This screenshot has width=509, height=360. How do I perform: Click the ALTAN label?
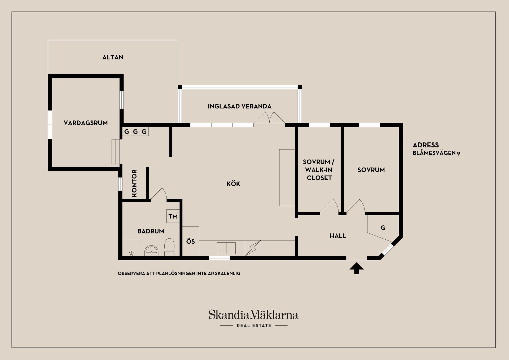point(113,57)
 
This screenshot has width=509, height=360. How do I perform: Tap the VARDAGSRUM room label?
point(86,123)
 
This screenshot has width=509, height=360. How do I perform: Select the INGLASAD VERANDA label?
point(240,107)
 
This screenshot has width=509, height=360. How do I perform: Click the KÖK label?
point(233,184)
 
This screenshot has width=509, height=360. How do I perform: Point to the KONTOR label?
point(134,183)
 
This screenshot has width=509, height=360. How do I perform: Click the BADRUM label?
point(151,231)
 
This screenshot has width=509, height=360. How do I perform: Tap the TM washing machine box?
point(173,216)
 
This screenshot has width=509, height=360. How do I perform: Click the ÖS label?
point(191,242)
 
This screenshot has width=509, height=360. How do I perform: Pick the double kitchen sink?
point(226,248)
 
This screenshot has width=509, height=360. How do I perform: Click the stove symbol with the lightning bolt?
point(253,248)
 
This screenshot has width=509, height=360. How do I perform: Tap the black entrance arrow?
point(357,268)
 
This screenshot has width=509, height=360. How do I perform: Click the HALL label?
point(338,236)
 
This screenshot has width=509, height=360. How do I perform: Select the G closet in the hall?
point(383,228)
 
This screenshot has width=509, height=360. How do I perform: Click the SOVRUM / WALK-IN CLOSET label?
point(319,170)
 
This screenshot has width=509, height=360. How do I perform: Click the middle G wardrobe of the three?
point(135,131)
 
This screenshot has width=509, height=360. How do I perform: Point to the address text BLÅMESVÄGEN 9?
point(436,153)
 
